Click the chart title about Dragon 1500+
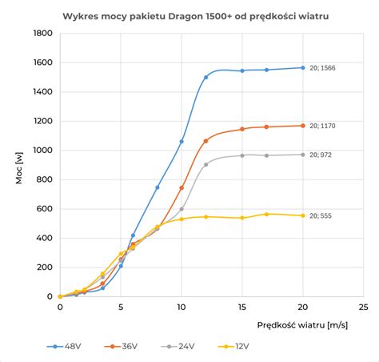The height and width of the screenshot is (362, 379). tap(189, 15)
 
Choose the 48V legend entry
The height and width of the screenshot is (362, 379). tap(68, 348)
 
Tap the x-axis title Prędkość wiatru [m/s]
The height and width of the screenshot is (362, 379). tap(303, 325)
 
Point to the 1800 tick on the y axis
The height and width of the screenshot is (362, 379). tap(38, 34)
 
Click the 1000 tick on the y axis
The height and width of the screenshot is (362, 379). tap(38, 151)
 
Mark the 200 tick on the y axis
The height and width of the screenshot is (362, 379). tap(41, 267)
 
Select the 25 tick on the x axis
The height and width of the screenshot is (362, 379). tap(363, 307)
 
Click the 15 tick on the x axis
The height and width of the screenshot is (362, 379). tap(242, 307)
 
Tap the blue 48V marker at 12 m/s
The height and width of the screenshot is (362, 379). tap(205, 78)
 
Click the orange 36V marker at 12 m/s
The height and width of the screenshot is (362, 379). tap(205, 141)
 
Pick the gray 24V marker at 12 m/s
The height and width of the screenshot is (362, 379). tap(205, 164)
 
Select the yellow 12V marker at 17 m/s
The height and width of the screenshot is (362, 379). tap(266, 214)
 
